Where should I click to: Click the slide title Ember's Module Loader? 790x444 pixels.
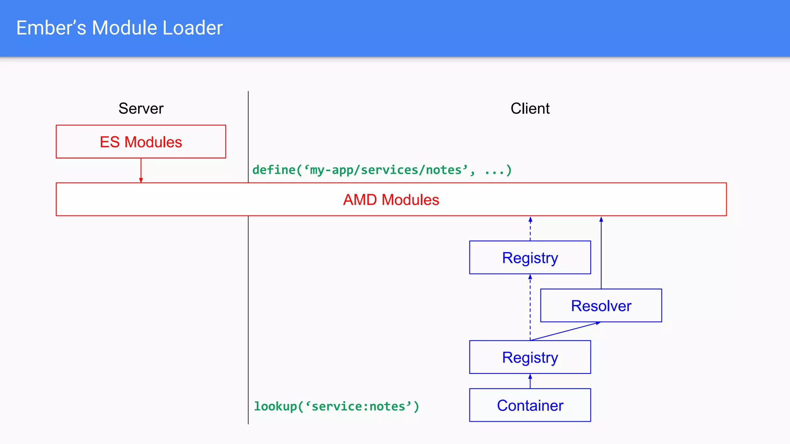click(119, 28)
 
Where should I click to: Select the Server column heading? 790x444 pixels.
click(141, 109)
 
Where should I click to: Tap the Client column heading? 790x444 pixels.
click(530, 109)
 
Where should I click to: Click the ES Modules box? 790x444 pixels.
click(141, 141)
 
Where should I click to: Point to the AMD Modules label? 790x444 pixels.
click(391, 200)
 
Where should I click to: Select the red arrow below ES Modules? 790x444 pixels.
click(141, 170)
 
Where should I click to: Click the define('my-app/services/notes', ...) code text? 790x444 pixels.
click(382, 170)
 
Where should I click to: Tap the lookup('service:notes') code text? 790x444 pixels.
click(336, 406)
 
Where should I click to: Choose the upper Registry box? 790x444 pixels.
click(530, 257)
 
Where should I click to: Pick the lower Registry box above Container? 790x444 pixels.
click(530, 357)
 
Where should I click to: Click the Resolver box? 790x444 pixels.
click(601, 306)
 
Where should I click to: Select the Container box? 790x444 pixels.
click(530, 405)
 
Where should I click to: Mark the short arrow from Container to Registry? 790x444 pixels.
click(530, 381)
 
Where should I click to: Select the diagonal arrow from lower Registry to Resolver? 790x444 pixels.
click(565, 331)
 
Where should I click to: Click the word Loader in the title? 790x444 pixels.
click(192, 28)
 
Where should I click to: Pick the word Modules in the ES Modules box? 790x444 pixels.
click(153, 142)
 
